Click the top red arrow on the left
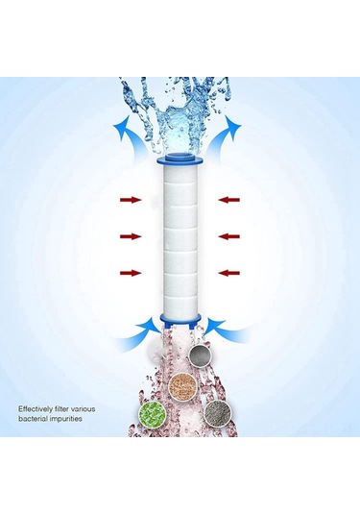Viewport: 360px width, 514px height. pyautogui.click(x=131, y=200)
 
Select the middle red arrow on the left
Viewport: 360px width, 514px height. pyautogui.click(x=131, y=235)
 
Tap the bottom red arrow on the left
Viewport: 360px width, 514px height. pyautogui.click(x=131, y=273)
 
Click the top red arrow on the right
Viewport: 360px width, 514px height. pyautogui.click(x=228, y=200)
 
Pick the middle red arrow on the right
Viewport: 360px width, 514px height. pyautogui.click(x=228, y=235)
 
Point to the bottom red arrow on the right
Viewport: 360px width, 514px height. pyautogui.click(x=228, y=273)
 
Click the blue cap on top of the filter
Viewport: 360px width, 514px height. pyautogui.click(x=180, y=152)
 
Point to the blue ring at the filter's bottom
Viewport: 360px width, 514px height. pyautogui.click(x=180, y=315)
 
